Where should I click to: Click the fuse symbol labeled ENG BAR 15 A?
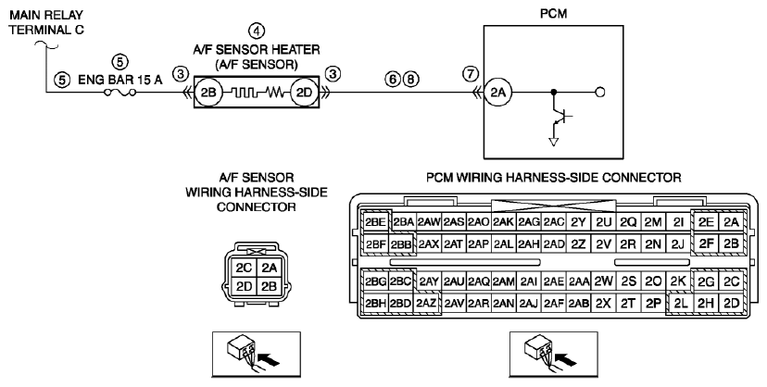click(x=120, y=92)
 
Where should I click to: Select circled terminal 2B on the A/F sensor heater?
click(x=208, y=92)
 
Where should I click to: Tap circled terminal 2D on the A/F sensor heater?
click(x=304, y=92)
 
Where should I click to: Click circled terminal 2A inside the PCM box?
click(x=497, y=92)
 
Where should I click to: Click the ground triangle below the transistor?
click(x=554, y=142)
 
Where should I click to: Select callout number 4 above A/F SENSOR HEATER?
click(x=257, y=31)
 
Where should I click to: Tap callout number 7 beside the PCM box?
click(x=470, y=74)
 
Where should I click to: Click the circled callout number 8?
click(x=411, y=78)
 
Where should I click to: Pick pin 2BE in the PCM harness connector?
click(x=375, y=222)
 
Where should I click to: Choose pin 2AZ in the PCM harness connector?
click(x=426, y=304)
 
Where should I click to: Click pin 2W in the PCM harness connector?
click(x=604, y=281)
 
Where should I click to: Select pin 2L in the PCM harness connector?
click(x=681, y=304)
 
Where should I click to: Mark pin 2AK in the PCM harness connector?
click(x=503, y=222)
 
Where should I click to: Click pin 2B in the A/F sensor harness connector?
click(x=269, y=286)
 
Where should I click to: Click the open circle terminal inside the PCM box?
click(x=599, y=92)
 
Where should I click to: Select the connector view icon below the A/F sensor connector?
click(x=257, y=355)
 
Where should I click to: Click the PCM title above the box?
click(x=553, y=14)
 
